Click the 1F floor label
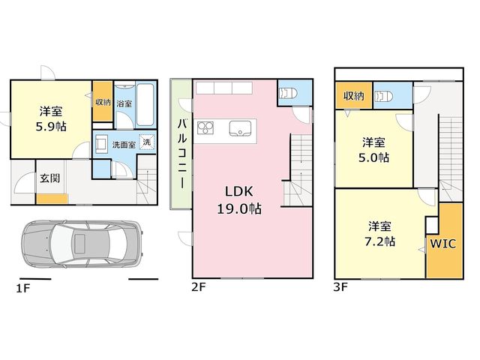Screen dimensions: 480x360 [23, 288]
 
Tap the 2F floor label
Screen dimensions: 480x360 [199, 287]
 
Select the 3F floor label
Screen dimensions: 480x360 [340, 287]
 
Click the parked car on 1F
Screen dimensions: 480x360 [82, 243]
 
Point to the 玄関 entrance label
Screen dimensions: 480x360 [50, 178]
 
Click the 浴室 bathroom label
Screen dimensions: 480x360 [124, 103]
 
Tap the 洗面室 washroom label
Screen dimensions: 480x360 [124, 145]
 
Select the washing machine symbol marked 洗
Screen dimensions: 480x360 [147, 142]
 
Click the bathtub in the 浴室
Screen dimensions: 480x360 [145, 105]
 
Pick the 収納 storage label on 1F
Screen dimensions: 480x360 [103, 102]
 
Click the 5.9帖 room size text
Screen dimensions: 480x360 [51, 127]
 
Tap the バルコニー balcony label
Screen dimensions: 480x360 [182, 154]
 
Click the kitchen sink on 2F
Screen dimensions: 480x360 [240, 128]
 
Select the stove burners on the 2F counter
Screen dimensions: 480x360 [205, 128]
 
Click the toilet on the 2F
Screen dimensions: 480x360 [289, 93]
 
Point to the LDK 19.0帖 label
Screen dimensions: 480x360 [239, 200]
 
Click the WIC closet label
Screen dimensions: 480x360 [443, 244]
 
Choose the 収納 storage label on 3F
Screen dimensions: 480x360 [354, 96]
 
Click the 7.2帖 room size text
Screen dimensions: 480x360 [379, 241]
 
